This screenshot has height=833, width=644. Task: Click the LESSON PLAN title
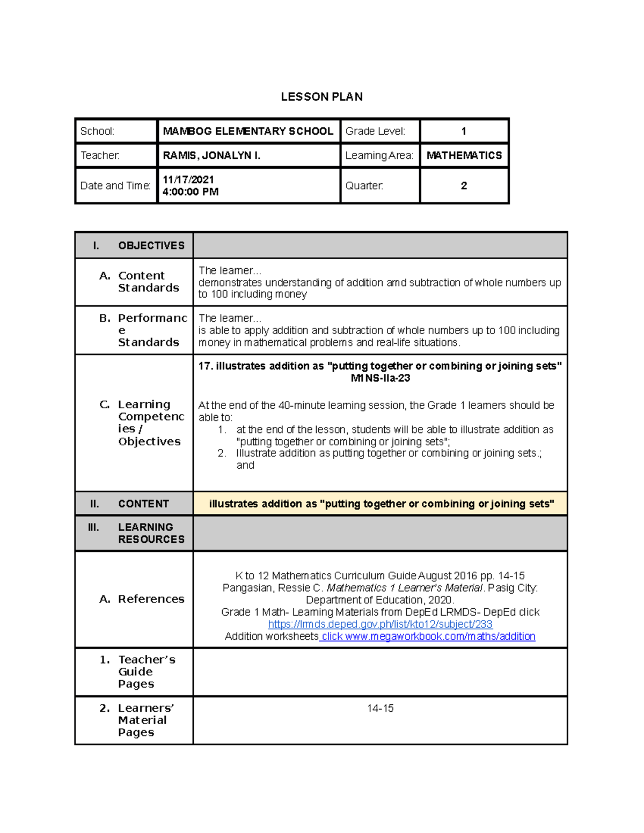click(321, 97)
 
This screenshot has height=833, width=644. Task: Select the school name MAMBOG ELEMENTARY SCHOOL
click(248, 131)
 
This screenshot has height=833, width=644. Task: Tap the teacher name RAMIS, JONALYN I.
click(211, 156)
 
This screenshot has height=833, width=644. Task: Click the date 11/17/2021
click(188, 180)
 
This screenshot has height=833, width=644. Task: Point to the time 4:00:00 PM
click(191, 192)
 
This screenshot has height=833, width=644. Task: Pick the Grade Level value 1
click(464, 131)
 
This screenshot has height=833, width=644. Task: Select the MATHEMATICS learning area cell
click(464, 156)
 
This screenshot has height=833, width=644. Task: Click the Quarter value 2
click(464, 186)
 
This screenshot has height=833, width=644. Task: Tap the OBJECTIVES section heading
click(151, 246)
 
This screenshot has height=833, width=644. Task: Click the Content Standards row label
click(148, 282)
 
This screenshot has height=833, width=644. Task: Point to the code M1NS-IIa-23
click(380, 378)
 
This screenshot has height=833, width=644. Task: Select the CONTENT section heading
click(143, 504)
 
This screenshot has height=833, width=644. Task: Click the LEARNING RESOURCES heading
click(151, 533)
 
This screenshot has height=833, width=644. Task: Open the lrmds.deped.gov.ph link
click(380, 624)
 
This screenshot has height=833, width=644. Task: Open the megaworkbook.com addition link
click(428, 637)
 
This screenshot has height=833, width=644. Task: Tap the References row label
click(151, 599)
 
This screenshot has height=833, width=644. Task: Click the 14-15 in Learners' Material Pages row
click(380, 709)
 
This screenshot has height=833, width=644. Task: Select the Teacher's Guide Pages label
click(146, 672)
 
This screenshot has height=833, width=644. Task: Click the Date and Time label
click(115, 186)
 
